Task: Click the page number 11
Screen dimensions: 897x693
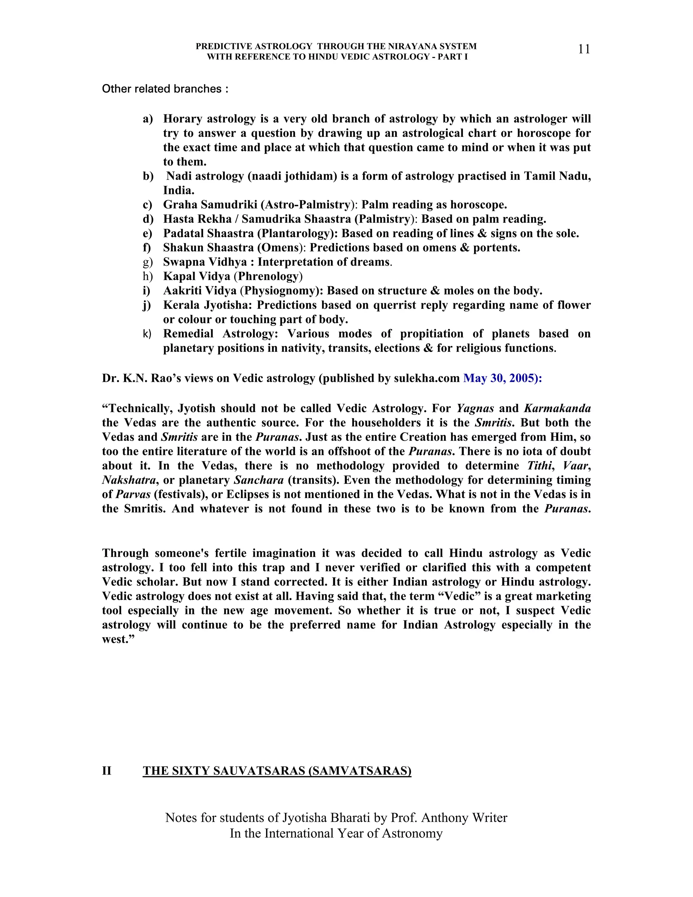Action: (x=584, y=49)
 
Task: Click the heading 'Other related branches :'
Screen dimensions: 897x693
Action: (x=165, y=89)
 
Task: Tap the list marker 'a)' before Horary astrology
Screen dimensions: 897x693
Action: (x=148, y=119)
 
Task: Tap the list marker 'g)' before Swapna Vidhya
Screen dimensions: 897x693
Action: (x=148, y=262)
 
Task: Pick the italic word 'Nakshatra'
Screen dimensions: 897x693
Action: (x=129, y=480)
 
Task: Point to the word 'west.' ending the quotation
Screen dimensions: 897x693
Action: (x=116, y=639)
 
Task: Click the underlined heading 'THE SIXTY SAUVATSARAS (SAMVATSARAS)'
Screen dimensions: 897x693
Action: (x=277, y=771)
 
